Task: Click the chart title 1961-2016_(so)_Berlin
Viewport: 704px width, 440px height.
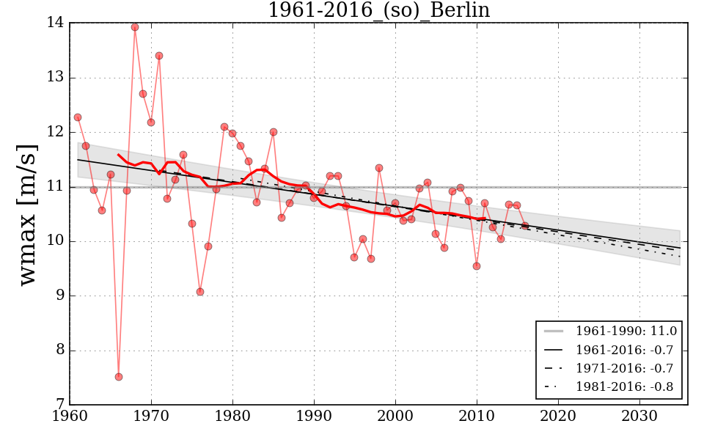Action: (x=378, y=10)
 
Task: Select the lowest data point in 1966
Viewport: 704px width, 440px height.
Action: (x=119, y=377)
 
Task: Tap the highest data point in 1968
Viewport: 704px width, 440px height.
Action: (x=135, y=27)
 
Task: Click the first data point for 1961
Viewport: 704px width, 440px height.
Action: (x=78, y=117)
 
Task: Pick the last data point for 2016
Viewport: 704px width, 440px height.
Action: (x=525, y=226)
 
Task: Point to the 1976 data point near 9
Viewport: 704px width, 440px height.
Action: (x=200, y=292)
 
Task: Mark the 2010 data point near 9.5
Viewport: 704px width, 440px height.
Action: (x=477, y=266)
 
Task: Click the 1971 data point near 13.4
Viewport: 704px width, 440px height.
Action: (x=159, y=56)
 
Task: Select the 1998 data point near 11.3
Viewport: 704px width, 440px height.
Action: (x=379, y=168)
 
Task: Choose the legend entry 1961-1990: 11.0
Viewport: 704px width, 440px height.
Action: (x=626, y=331)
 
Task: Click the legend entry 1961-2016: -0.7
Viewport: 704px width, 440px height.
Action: (x=626, y=350)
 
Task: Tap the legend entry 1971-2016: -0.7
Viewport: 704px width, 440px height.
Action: (x=626, y=368)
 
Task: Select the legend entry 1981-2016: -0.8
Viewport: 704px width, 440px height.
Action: (x=626, y=386)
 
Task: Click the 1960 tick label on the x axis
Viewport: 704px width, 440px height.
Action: (x=70, y=414)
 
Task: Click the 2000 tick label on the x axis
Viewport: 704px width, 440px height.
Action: (x=396, y=414)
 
